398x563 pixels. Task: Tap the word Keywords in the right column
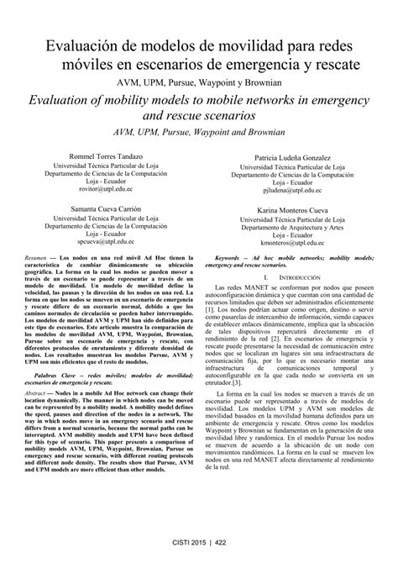click(x=232, y=254)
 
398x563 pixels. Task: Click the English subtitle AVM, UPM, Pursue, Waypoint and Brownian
click(x=199, y=132)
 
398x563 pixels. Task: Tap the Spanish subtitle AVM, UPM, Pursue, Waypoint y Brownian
click(x=199, y=82)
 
